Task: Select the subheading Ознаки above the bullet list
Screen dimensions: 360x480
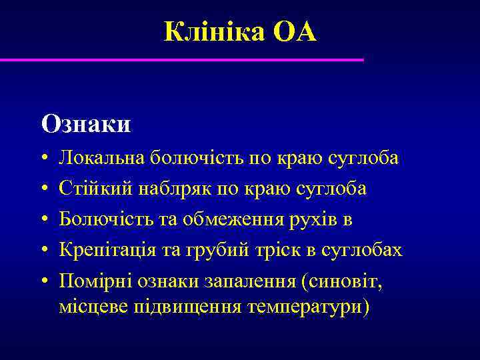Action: click(86, 123)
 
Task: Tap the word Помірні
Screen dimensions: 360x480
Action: click(96, 281)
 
